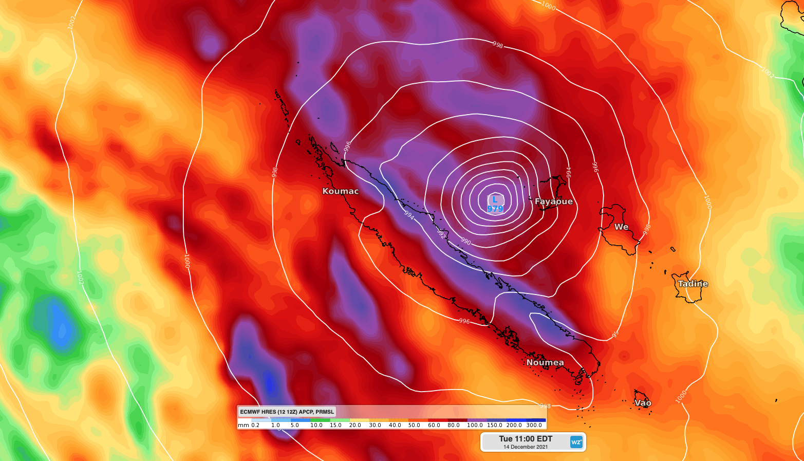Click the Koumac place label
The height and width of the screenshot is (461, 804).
pos(341,191)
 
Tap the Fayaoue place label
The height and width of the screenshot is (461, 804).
pos(554,201)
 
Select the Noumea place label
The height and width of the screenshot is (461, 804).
pos(545,362)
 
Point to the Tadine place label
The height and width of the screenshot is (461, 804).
pos(693,284)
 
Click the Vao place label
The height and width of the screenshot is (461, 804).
pos(643,403)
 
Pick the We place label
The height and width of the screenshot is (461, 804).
pos(621,227)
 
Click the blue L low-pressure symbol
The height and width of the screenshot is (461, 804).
pos(495,199)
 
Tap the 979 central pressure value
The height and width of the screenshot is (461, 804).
pos(495,209)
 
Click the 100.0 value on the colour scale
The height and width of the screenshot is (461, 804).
pos(475,425)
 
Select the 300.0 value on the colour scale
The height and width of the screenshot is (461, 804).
pos(534,425)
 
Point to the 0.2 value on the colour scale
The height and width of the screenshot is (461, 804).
pos(255,425)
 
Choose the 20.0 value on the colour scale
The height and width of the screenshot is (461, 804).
pos(355,425)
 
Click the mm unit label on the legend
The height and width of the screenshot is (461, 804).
pos(243,425)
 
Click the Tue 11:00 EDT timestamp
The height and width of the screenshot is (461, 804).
pos(526,439)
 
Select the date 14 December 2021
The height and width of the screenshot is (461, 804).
pos(526,447)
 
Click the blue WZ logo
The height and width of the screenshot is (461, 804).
pos(576,442)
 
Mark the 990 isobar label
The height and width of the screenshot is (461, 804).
pos(465,241)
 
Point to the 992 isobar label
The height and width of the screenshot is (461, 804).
pos(441,234)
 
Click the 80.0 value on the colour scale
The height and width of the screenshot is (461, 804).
pos(454,425)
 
